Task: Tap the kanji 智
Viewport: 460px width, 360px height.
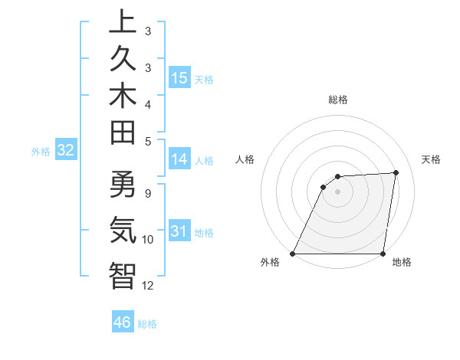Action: coord(122,275)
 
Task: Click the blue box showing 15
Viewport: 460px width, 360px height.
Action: coord(179,78)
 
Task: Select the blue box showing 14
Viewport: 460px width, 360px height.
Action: coord(179,159)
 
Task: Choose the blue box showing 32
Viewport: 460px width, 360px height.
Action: coord(65,151)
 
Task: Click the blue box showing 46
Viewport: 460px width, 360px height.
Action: coord(123,322)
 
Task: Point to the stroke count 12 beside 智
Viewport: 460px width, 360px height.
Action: coord(148,286)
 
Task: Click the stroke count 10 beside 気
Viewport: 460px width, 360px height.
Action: coord(148,240)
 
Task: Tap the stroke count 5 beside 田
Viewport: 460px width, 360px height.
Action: coord(147,140)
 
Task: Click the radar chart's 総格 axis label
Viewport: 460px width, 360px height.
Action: coord(338,100)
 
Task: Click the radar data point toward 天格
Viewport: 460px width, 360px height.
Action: coord(396,172)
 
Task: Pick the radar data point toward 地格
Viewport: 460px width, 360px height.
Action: coord(383,254)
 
